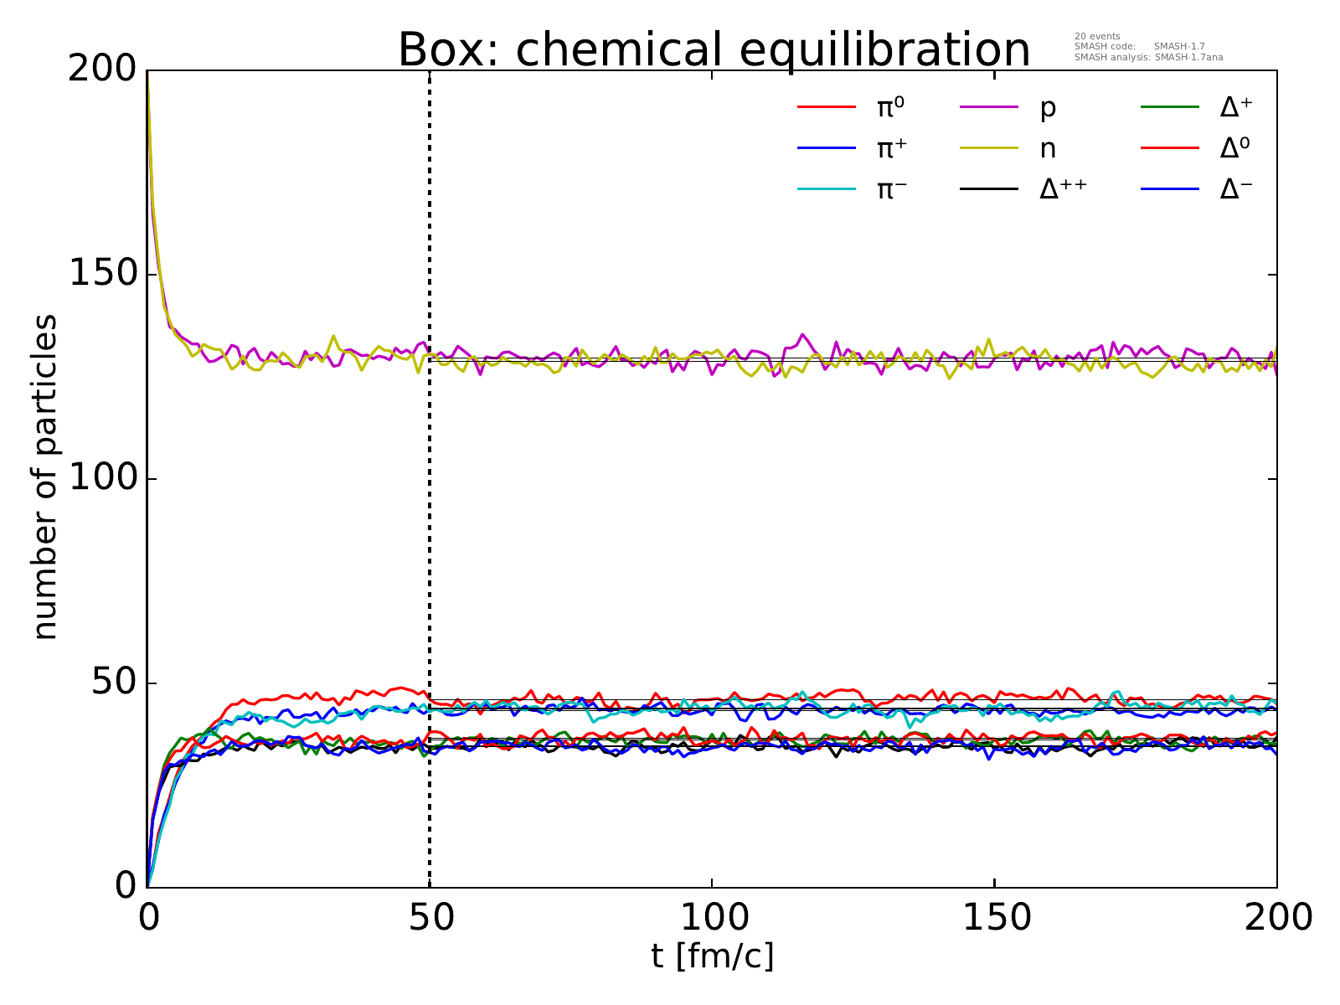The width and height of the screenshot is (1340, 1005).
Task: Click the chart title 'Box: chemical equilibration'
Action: (714, 50)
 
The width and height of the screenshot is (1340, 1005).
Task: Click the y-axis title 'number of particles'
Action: (46, 477)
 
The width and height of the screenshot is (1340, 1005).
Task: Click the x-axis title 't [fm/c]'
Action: (712, 956)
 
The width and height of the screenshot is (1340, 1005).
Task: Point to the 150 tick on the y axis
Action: (103, 275)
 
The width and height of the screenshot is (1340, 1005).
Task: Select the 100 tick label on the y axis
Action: (103, 479)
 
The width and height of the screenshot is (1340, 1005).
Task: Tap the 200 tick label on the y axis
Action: (103, 70)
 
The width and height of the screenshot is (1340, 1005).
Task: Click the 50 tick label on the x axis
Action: (430, 917)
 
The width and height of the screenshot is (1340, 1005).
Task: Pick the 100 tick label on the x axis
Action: (712, 917)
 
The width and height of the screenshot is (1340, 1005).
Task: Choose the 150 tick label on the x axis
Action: (995, 917)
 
